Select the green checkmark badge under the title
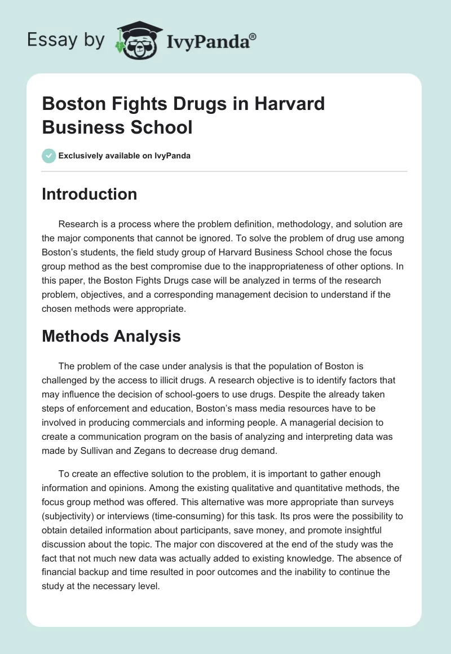(49, 156)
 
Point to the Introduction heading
(90, 194)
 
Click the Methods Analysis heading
(112, 337)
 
